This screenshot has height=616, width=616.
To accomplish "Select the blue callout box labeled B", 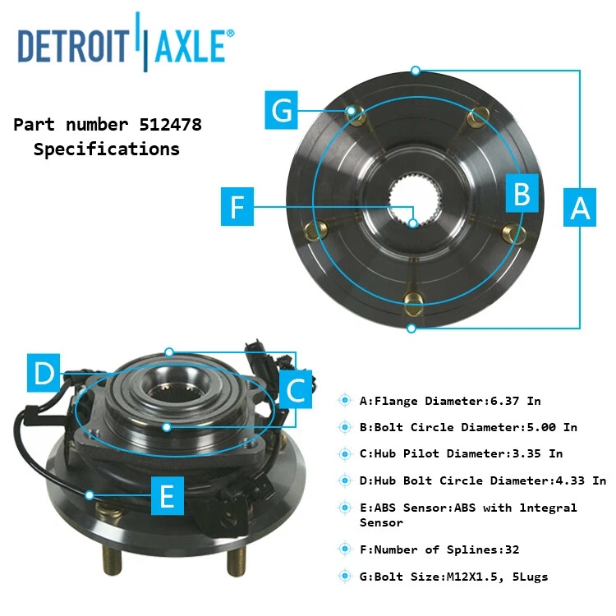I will pos(522,194).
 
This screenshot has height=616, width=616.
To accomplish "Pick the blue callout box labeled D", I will pos(43,375).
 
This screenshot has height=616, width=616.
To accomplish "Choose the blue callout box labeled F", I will pos(237,207).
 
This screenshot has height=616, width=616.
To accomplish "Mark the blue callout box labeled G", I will pos(282,111).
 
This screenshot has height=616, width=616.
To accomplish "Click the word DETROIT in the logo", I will pos(71,46).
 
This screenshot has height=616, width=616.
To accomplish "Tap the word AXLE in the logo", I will pos(191,46).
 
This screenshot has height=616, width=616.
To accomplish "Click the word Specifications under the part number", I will pos(106,149).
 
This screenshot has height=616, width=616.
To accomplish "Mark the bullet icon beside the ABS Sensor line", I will pos(346,508).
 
